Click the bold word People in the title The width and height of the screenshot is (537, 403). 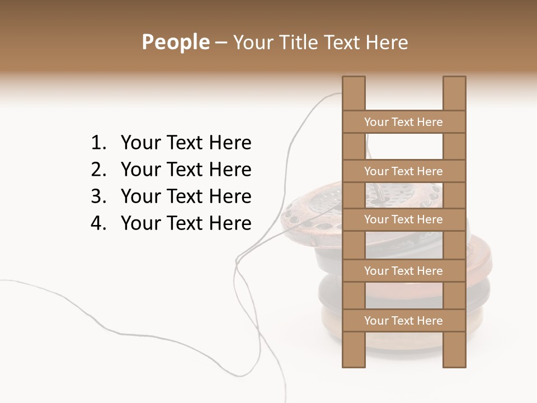point(175,42)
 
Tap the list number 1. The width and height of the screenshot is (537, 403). point(97,143)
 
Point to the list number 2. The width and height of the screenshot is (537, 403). point(97,170)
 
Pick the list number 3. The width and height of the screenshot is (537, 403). point(97,196)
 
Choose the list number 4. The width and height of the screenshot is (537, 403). point(97,223)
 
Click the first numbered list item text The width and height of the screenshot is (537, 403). point(186,143)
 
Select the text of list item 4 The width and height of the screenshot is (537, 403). point(186,223)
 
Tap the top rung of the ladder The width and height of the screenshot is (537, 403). point(403,122)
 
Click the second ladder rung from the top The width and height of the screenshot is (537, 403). point(403,171)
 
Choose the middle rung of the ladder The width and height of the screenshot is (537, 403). point(403,219)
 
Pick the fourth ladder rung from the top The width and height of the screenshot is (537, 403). point(403,271)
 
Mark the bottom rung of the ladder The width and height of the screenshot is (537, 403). point(403,321)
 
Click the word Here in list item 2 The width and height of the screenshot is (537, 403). point(230,170)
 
